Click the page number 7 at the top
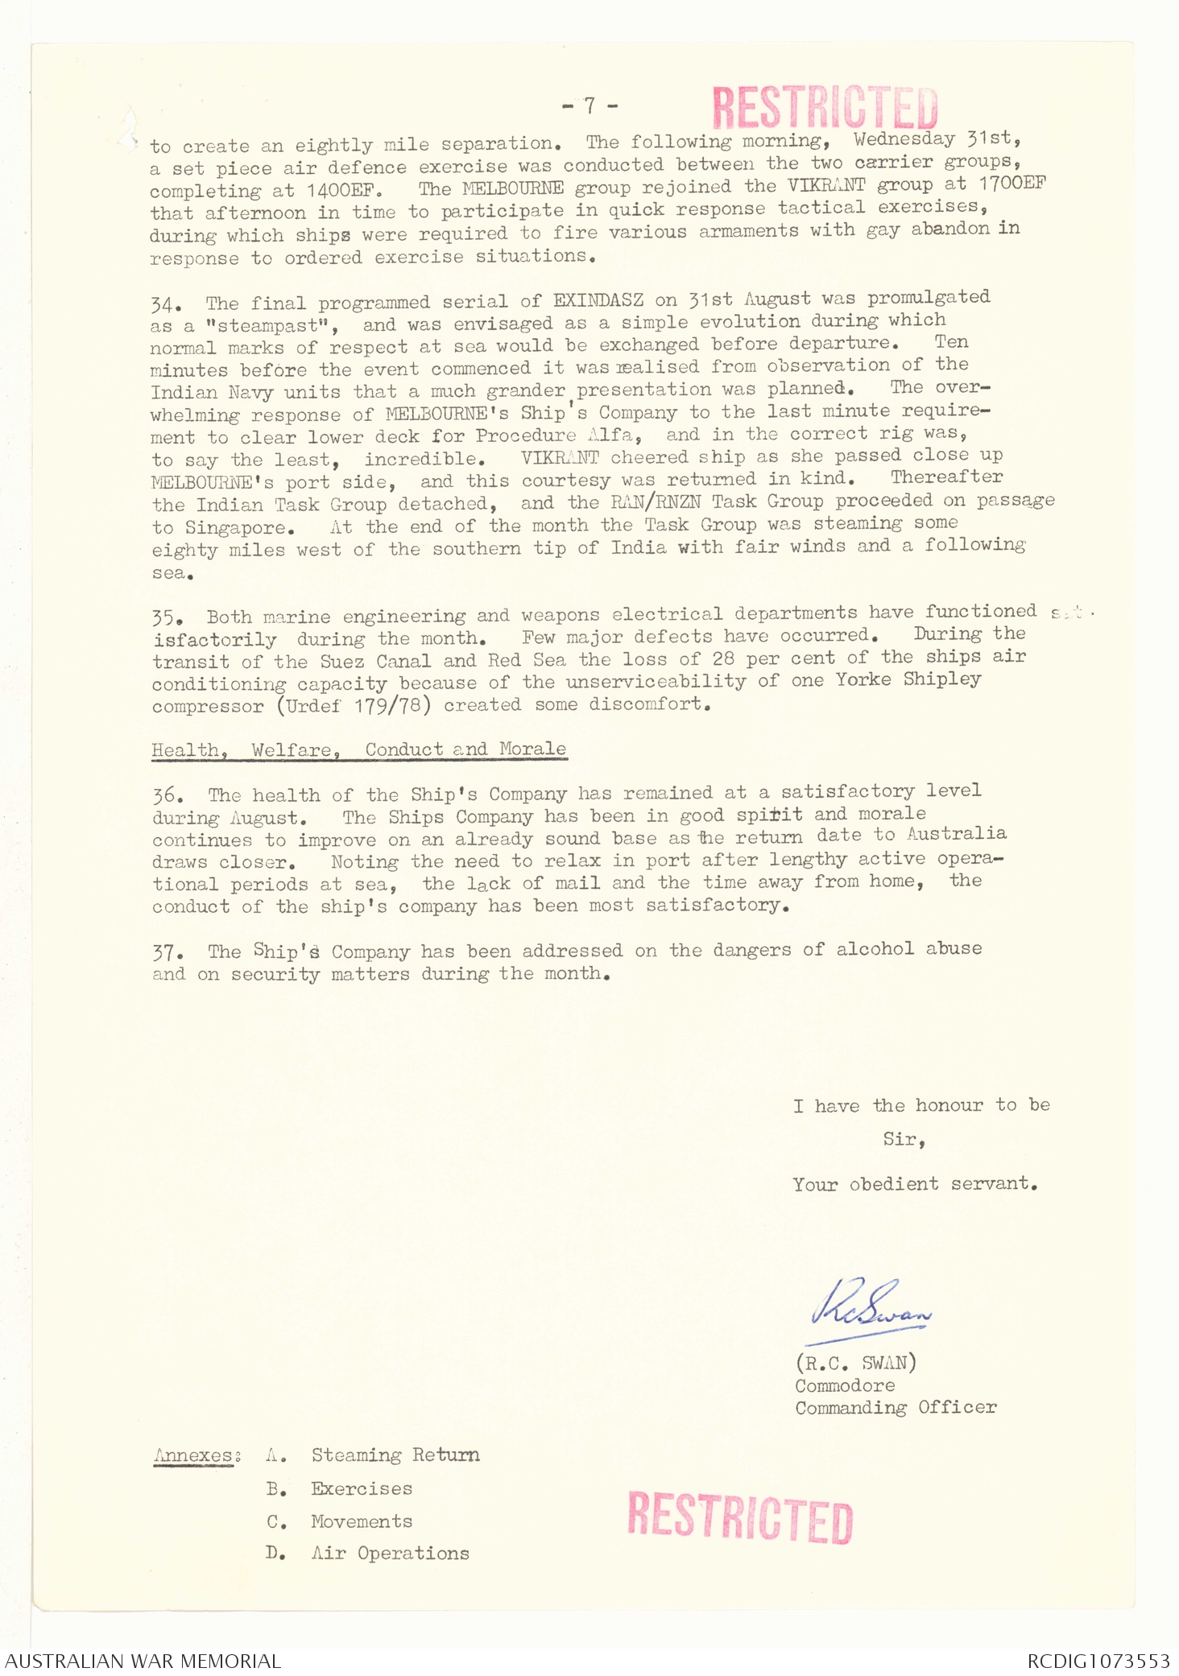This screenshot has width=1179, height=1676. tap(589, 105)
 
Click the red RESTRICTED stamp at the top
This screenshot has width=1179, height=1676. tap(825, 108)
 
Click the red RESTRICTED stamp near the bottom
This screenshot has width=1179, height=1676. tap(739, 1517)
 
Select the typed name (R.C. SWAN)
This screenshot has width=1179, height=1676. tap(855, 1363)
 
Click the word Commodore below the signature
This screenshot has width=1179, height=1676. tap(845, 1385)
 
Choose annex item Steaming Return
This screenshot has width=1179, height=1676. tap(395, 1455)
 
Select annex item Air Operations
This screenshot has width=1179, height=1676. tap(390, 1553)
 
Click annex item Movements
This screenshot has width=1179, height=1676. tap(362, 1521)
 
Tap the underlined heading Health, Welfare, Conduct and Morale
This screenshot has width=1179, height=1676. tap(359, 749)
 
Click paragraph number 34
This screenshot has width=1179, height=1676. tap(165, 305)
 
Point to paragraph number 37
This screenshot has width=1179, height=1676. tap(167, 953)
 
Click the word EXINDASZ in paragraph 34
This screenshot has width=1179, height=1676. tap(598, 301)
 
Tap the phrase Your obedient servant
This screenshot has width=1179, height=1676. tap(915, 1184)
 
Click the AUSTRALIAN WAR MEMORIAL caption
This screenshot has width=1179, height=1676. tap(143, 1661)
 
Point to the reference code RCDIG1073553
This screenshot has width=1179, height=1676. tap(1098, 1661)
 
